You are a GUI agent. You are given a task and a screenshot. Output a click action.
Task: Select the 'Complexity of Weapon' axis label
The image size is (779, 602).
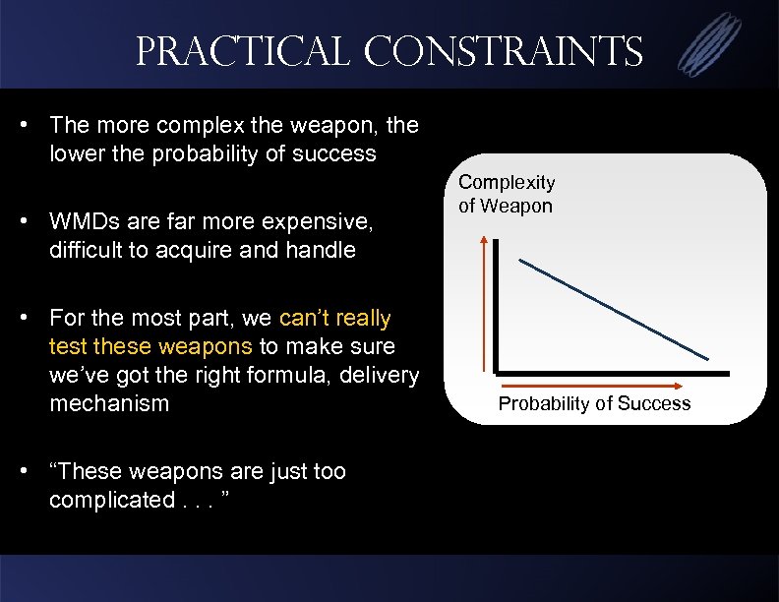[x=507, y=194]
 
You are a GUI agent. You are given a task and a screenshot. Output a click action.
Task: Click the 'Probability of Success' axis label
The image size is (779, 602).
[x=594, y=403]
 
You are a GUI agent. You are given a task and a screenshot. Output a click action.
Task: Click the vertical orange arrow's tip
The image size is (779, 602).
[x=485, y=239]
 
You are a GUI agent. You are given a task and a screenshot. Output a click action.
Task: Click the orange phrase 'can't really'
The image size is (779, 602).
[x=335, y=319]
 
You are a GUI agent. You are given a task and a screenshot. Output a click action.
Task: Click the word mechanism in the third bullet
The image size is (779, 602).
[x=109, y=403]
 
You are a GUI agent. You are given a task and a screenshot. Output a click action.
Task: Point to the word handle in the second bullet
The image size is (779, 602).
[x=321, y=250]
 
